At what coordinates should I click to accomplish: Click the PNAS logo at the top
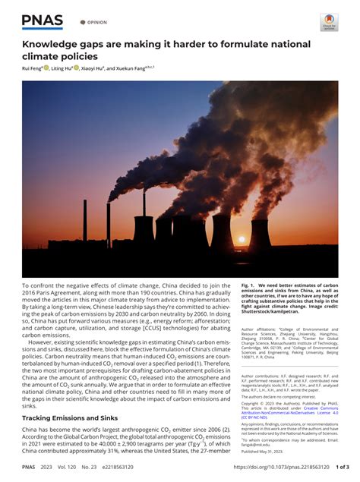click(x=43, y=20)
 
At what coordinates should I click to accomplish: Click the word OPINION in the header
click(x=95, y=23)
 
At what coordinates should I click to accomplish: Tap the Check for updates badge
click(x=328, y=22)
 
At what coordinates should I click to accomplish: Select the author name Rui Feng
click(x=30, y=68)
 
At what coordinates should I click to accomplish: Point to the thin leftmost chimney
click(x=84, y=220)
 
